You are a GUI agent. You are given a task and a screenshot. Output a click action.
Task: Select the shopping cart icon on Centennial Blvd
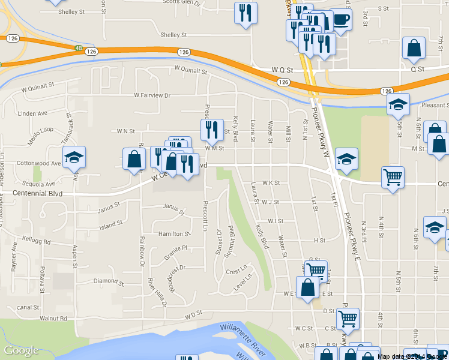393,176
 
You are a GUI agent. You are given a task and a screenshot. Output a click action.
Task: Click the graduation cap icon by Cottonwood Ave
74,157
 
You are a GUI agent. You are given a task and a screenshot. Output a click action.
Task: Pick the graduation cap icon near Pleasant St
398,105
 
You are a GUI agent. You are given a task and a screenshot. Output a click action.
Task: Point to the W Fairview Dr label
152,95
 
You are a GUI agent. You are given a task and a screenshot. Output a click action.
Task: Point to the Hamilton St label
174,233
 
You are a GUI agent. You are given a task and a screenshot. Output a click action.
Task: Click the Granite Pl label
176,247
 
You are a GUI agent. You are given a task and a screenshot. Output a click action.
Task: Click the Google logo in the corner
21,350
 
